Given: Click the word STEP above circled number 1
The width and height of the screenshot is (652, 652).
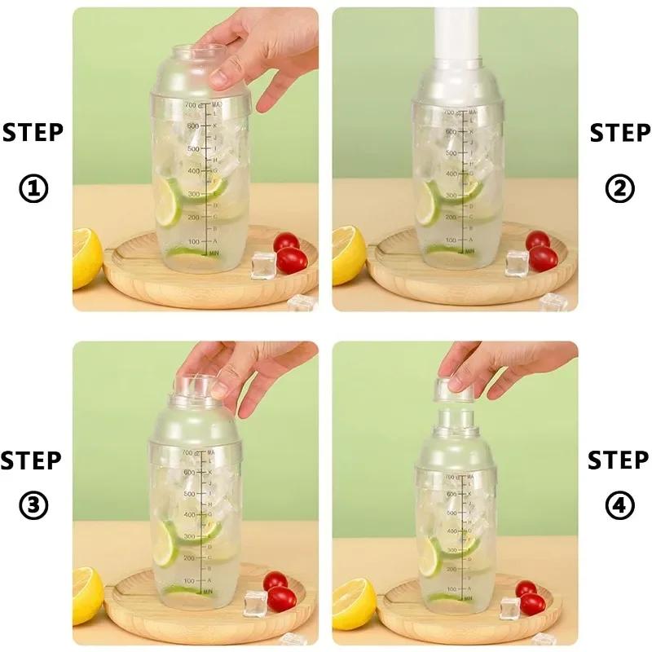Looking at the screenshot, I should pyautogui.click(x=33, y=132).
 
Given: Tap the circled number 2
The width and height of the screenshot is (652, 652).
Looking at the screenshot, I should pyautogui.click(x=619, y=189).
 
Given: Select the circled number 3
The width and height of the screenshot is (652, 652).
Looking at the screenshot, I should pyautogui.click(x=33, y=506).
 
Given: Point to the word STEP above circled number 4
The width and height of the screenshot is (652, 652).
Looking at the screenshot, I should pyautogui.click(x=619, y=460).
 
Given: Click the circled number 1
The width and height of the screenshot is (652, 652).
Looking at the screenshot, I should pyautogui.click(x=33, y=189).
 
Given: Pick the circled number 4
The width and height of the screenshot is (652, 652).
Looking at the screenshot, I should pyautogui.click(x=619, y=506).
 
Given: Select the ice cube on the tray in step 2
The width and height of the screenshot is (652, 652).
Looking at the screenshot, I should pyautogui.click(x=517, y=262).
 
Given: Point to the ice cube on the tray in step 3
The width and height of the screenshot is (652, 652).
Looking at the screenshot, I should pyautogui.click(x=255, y=601).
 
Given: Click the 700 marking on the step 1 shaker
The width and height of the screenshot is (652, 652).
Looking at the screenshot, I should pyautogui.click(x=192, y=106).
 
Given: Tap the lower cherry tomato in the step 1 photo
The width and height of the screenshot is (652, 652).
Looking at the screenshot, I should pyautogui.click(x=292, y=260).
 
